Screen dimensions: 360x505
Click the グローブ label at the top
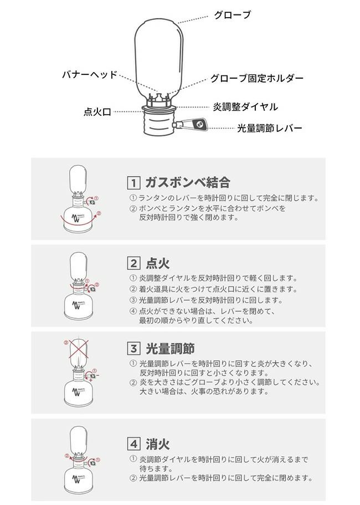[232, 15]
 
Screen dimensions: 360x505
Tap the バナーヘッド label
[89, 75]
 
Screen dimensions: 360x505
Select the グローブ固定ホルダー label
[257, 78]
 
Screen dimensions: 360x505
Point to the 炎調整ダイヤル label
[245, 107]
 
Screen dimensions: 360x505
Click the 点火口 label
[97, 112]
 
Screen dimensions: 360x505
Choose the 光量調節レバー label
[270, 128]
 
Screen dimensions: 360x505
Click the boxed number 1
[133, 183]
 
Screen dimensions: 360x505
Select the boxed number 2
[133, 263]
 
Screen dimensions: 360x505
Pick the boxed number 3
[133, 348]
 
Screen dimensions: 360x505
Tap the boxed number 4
[133, 444]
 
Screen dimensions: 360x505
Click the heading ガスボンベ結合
[188, 182]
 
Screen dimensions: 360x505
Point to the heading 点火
[158, 263]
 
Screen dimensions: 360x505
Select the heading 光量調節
[170, 348]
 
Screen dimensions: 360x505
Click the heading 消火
[158, 444]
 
